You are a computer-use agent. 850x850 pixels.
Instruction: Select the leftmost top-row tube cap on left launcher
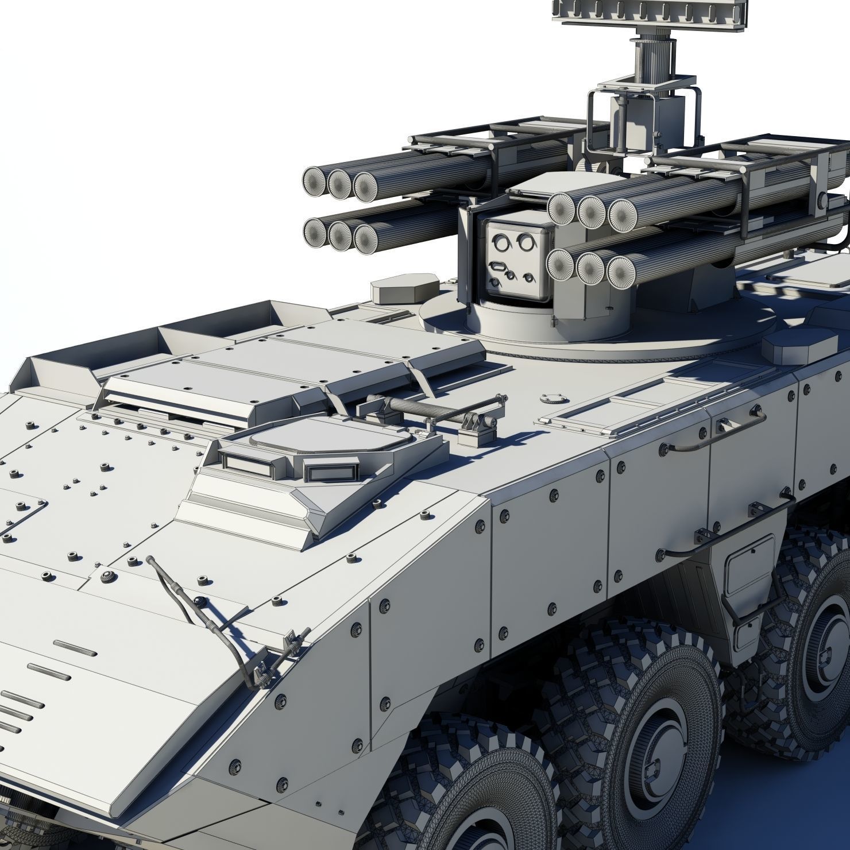click(315, 181)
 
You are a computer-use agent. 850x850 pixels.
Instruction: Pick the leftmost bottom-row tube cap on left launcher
click(315, 232)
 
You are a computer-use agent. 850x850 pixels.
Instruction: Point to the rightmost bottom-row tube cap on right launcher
click(622, 272)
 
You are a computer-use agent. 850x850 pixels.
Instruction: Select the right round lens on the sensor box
click(524, 243)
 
